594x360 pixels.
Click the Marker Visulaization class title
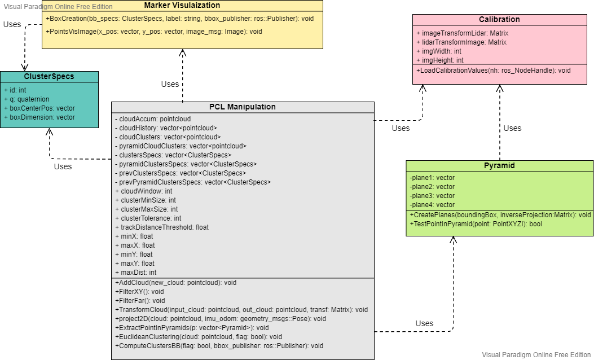tap(182, 5)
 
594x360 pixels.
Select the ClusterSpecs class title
tap(49, 77)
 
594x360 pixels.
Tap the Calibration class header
tap(499, 19)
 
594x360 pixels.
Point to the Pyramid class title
tap(499, 166)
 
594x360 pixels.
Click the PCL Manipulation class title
tap(243, 107)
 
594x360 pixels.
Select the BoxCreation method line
tap(180, 19)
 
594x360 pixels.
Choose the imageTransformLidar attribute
tap(462, 33)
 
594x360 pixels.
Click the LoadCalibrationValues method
tap(494, 71)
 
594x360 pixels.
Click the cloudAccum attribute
tap(153, 119)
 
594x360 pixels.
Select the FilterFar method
tap(140, 300)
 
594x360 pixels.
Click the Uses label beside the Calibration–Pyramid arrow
tap(512, 128)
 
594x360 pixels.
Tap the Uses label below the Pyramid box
tap(424, 323)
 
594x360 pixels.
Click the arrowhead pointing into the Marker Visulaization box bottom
tap(182, 52)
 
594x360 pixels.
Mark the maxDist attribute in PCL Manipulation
tap(135, 273)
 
